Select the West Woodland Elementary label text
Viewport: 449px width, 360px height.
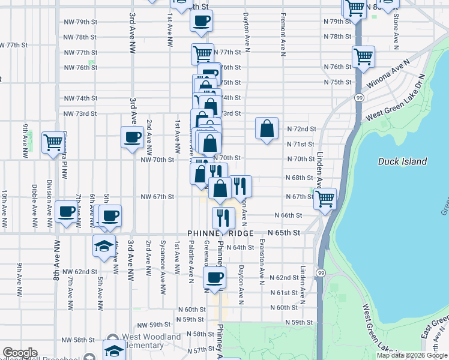[151, 341]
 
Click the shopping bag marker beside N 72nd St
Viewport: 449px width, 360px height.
[267, 128]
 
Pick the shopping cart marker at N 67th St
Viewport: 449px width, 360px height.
[325, 199]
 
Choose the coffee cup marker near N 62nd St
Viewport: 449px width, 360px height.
[215, 277]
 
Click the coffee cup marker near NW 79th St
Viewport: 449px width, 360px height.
[201, 21]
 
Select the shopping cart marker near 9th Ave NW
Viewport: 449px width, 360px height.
[53, 142]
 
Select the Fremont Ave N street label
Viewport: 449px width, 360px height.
[282, 33]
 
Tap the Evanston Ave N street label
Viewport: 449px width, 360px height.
[262, 262]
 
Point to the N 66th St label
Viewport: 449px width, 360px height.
[288, 215]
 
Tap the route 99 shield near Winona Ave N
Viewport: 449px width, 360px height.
[358, 98]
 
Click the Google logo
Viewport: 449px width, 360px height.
[20, 353]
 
